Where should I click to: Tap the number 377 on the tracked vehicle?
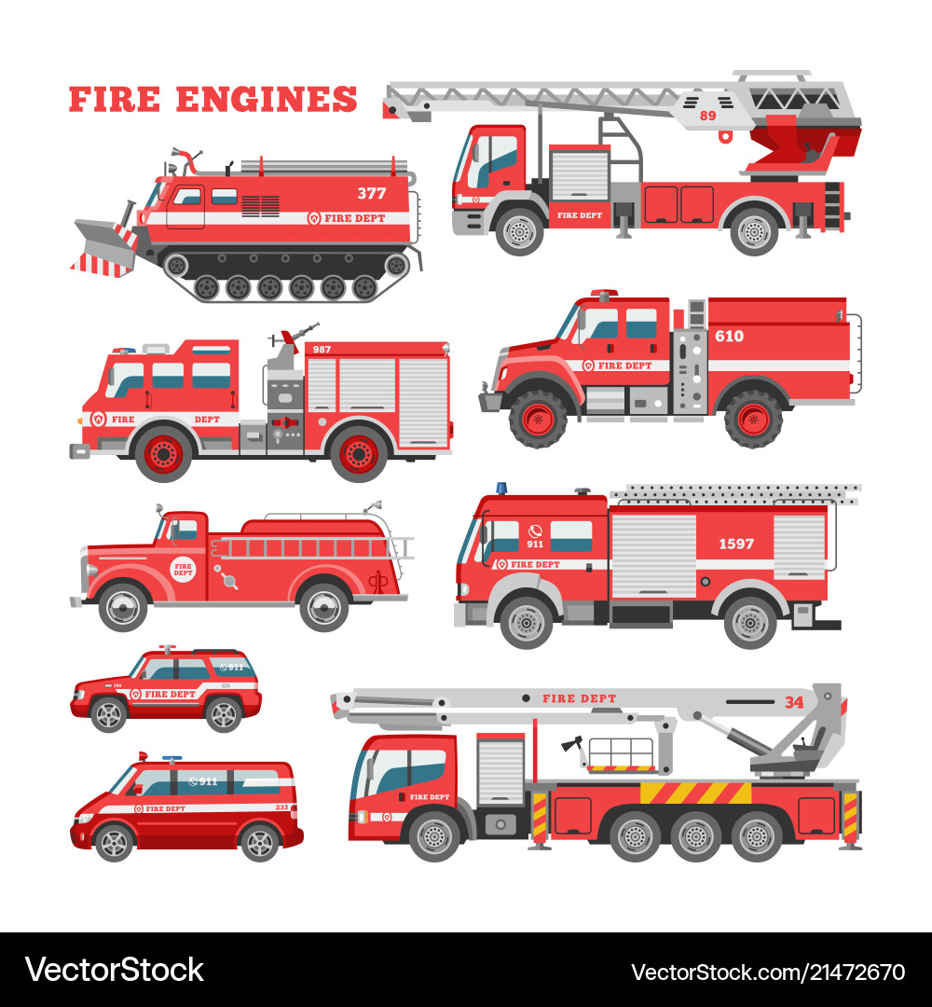[371, 193]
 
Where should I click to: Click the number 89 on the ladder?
[707, 115]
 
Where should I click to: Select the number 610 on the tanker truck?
[729, 336]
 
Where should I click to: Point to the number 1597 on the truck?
[735, 544]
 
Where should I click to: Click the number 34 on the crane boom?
[793, 702]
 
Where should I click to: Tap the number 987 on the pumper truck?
[322, 349]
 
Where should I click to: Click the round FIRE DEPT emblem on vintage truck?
[183, 569]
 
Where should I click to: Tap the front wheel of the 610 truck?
[538, 419]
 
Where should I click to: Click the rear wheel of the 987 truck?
[359, 453]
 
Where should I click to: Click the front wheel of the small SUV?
[108, 713]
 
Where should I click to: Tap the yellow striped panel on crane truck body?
[695, 793]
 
